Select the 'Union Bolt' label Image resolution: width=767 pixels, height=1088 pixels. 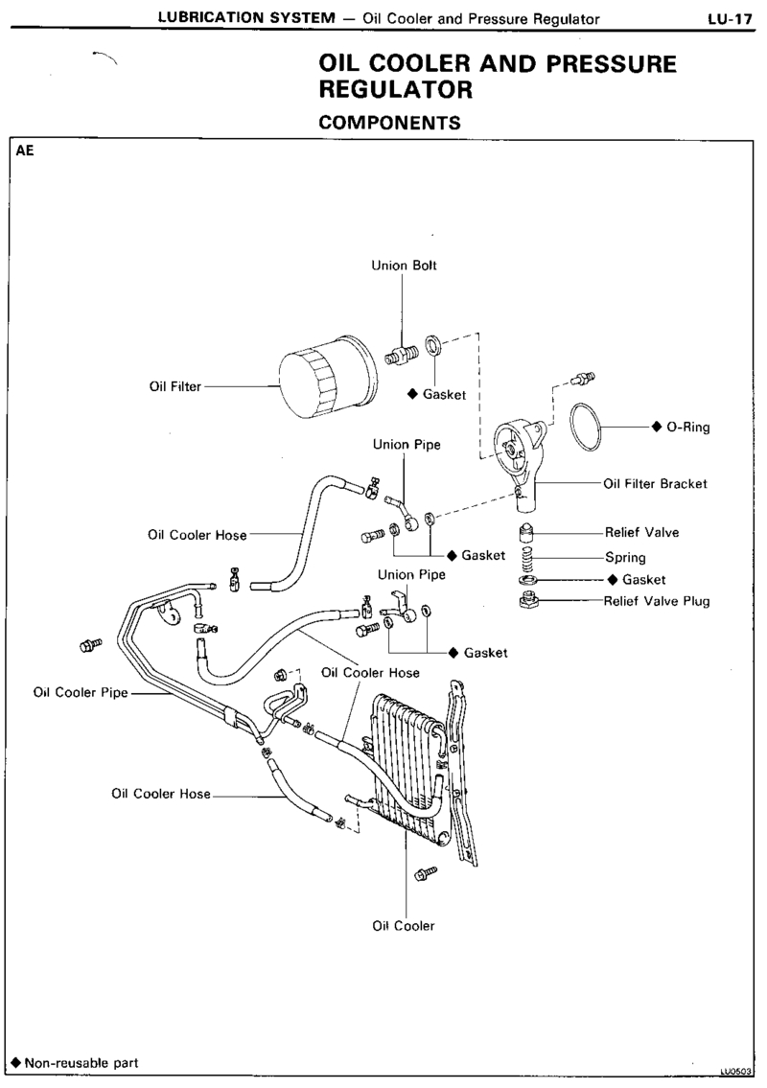[x=405, y=266]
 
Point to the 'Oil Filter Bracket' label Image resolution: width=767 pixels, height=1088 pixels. [x=656, y=484]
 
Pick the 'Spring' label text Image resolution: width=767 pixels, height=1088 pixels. [x=625, y=557]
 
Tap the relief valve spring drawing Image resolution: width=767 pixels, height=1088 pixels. [x=527, y=557]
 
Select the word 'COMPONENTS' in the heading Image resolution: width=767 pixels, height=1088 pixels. [x=389, y=123]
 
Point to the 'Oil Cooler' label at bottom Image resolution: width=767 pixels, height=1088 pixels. [x=404, y=926]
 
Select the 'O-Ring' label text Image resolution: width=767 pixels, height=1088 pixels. [x=687, y=428]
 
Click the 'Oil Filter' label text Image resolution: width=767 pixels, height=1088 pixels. [x=174, y=387]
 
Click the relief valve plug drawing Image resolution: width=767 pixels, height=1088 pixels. [x=526, y=601]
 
